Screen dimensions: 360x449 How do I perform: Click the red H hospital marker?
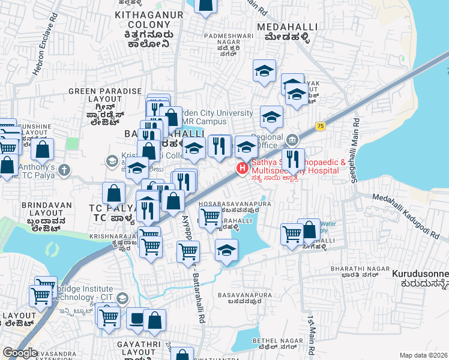pyautogui.click(x=243, y=168)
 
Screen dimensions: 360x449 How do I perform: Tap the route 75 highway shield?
pyautogui.click(x=321, y=126)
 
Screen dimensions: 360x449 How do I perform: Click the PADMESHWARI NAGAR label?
pyautogui.click(x=223, y=40)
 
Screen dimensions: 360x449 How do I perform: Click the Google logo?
pyautogui.click(x=20, y=352)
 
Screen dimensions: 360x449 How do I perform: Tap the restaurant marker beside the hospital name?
pyautogui.click(x=293, y=160)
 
